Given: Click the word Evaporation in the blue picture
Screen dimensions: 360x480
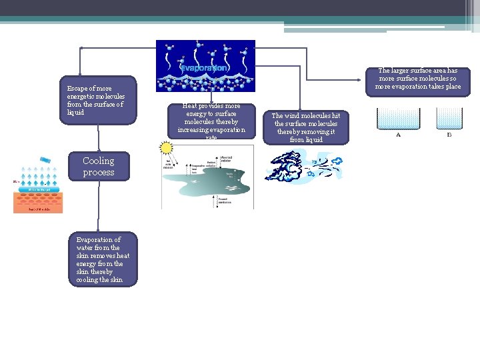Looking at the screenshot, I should point(205,68).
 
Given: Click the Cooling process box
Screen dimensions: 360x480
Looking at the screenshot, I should point(99,167).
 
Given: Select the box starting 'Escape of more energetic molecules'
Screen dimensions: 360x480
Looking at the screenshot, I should point(99,100).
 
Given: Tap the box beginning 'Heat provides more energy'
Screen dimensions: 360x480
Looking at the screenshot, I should point(211,121).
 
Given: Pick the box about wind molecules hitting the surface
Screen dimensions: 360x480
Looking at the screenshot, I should point(306,127).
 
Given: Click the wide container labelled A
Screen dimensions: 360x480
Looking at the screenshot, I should point(399,118).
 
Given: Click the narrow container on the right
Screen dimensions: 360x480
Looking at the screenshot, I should point(449,118).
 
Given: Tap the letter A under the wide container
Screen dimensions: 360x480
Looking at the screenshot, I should point(399,135).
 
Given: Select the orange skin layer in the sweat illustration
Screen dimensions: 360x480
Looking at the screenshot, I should point(38,199).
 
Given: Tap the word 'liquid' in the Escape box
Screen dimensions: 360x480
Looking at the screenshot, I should point(75,113).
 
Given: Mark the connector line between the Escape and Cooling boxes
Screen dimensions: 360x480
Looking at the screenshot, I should point(99,137).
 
